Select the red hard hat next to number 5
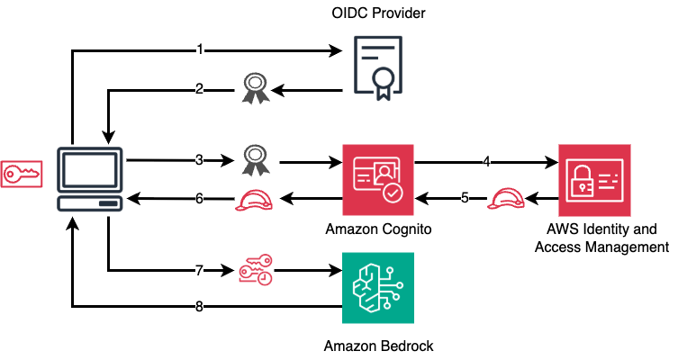click(502, 198)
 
